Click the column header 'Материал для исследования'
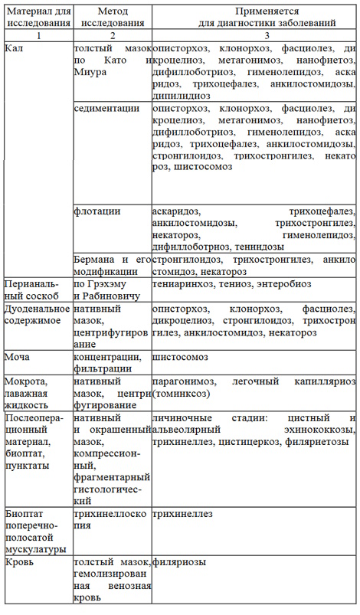(x=38, y=18)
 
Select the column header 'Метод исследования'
(x=112, y=18)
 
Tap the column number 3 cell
(x=254, y=35)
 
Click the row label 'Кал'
(x=13, y=47)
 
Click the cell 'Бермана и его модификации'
(x=111, y=244)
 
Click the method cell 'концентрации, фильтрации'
(x=107, y=362)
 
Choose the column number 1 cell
(x=38, y=35)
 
